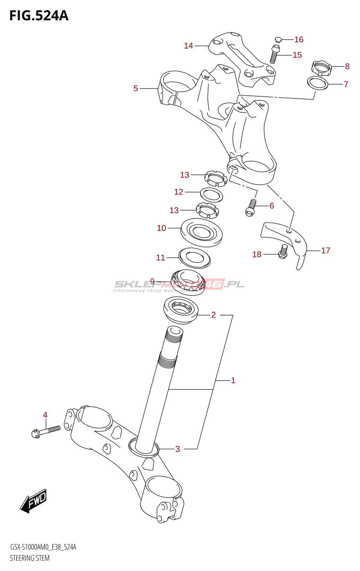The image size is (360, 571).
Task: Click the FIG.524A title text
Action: tap(39, 16)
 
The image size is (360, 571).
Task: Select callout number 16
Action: tap(299, 40)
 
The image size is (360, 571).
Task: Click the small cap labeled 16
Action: tap(279, 39)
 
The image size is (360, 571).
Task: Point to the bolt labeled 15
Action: tap(274, 55)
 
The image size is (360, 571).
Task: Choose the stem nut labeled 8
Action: tap(321, 68)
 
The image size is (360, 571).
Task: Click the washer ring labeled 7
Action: tap(317, 83)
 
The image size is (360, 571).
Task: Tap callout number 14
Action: tap(188, 46)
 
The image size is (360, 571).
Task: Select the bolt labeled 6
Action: tap(251, 208)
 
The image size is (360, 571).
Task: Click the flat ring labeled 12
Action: tap(211, 194)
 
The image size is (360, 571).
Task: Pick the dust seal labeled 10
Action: tap(201, 232)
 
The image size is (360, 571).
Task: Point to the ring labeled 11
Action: tap(194, 258)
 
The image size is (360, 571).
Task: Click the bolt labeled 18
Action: tap(283, 252)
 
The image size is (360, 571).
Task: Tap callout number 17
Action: tap(325, 251)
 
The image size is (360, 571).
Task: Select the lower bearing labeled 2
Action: tap(181, 310)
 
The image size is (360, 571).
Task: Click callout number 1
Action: tap(233, 380)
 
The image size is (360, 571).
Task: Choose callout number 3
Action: tap(177, 449)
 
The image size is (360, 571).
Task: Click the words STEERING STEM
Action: tap(30, 558)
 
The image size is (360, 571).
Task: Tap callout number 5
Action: tap(136, 89)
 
